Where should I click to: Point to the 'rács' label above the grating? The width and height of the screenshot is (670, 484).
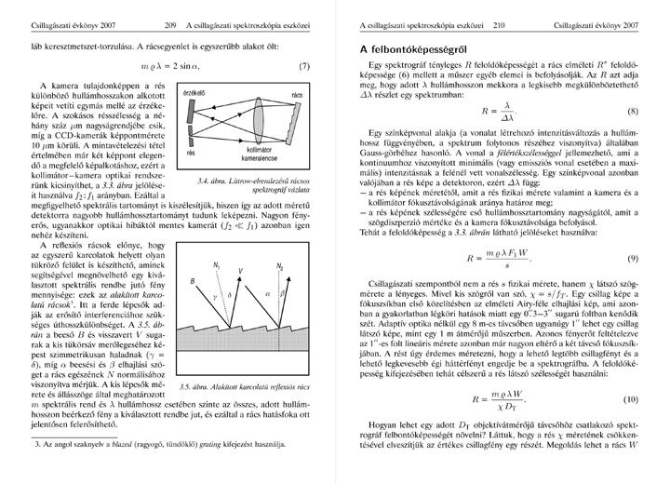coord(297,95)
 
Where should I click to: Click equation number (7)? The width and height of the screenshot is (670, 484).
coord(304,68)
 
